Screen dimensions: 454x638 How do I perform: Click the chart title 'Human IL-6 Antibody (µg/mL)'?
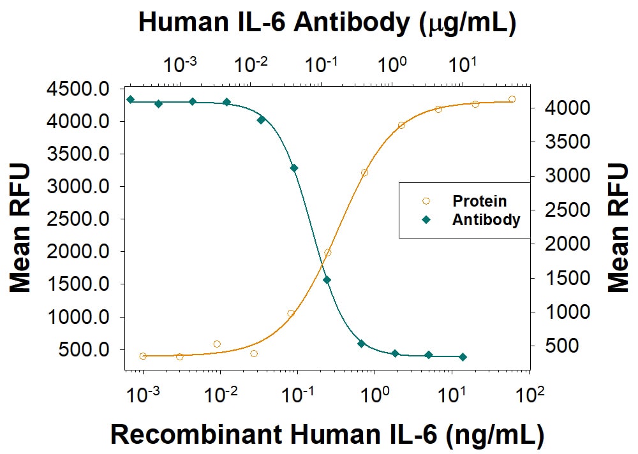327,23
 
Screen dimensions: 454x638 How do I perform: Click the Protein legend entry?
479,201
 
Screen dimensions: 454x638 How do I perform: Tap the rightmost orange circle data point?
512,99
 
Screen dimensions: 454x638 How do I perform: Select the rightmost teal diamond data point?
463,357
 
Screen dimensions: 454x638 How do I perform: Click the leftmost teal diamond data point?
130,99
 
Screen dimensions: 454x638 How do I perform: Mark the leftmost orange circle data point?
143,356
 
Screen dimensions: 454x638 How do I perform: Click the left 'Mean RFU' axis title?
20,228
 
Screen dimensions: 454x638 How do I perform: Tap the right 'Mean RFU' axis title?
617,228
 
